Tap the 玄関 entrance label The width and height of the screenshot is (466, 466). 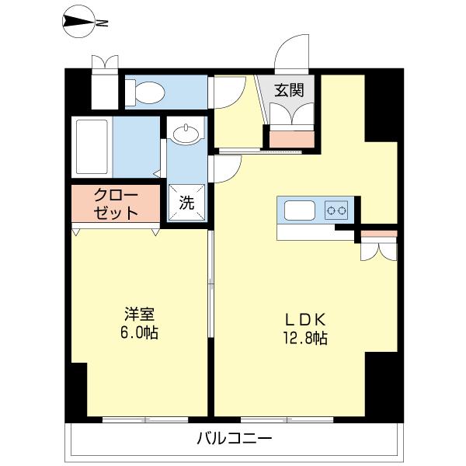point(288,89)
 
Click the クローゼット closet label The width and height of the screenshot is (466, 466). point(116,203)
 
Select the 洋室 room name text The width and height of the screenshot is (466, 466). point(141,315)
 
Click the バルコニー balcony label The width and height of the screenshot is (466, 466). point(234,439)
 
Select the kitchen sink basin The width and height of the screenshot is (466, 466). point(300,210)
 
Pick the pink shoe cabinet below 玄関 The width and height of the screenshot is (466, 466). point(292,138)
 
